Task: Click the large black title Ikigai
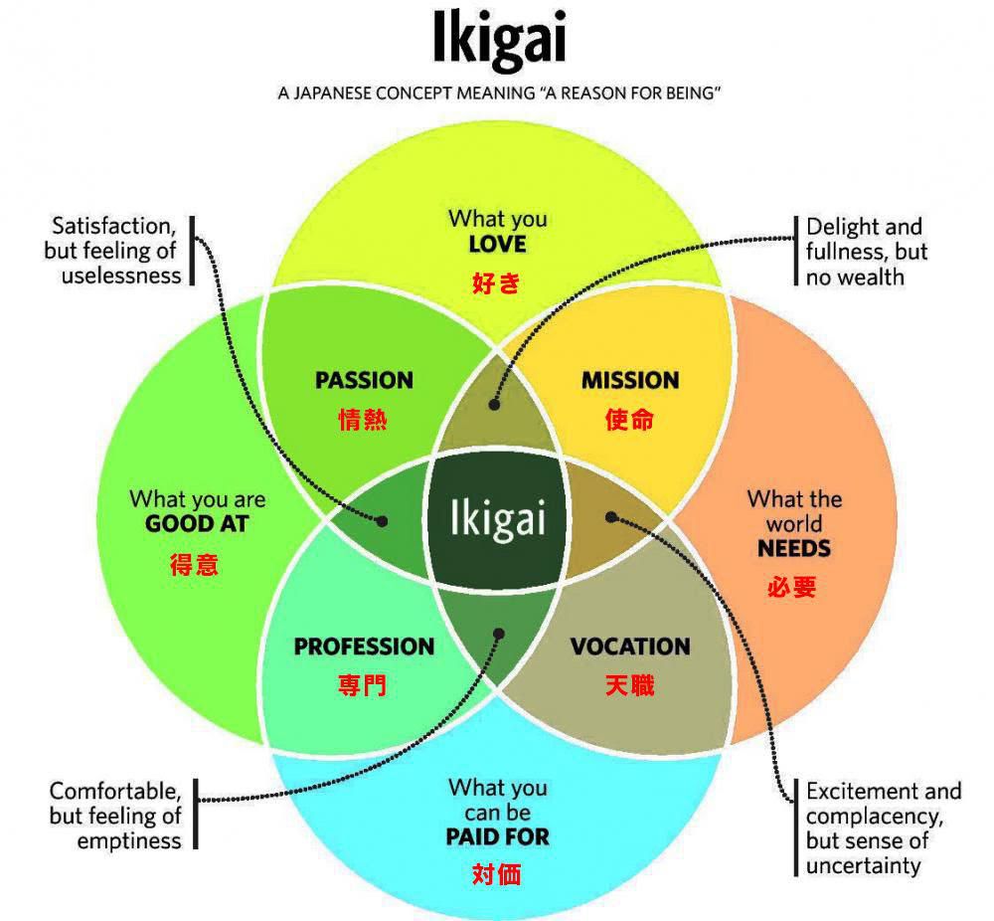click(x=499, y=40)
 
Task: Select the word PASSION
click(x=364, y=380)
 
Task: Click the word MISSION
click(x=630, y=380)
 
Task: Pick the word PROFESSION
click(x=364, y=646)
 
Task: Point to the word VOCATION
click(x=630, y=646)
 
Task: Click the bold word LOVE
click(x=497, y=244)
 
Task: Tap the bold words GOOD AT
click(x=197, y=524)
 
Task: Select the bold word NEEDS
click(x=794, y=548)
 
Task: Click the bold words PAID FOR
click(x=497, y=837)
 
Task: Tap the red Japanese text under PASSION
click(x=363, y=420)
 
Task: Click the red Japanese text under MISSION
click(x=630, y=420)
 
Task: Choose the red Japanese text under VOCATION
click(x=630, y=685)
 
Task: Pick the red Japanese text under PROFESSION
click(x=363, y=685)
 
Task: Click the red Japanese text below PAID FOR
click(x=497, y=875)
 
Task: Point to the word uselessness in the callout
click(x=121, y=276)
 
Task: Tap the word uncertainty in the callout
click(x=864, y=865)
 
